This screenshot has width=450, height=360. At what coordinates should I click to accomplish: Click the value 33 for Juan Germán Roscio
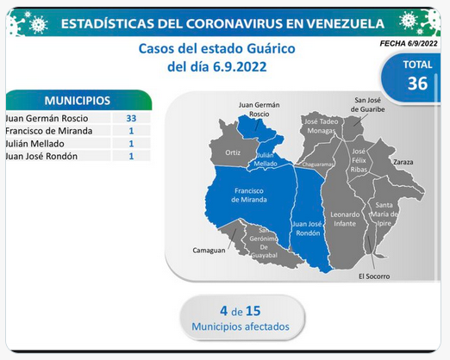click(x=131, y=118)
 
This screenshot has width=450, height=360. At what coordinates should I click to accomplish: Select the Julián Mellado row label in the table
click(x=34, y=144)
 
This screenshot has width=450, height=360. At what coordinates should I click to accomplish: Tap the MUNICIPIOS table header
click(x=78, y=101)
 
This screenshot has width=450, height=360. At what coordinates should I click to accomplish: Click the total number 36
click(x=417, y=84)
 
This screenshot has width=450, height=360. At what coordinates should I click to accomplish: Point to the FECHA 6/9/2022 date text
click(x=409, y=44)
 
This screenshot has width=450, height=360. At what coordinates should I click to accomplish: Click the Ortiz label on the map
click(x=233, y=152)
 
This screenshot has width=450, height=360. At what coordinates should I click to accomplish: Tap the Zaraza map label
click(x=403, y=162)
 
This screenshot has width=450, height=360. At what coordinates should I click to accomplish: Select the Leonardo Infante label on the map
click(x=345, y=219)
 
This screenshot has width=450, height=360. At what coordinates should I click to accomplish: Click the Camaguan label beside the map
click(x=209, y=251)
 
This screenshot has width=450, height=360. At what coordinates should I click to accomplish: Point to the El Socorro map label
click(x=374, y=276)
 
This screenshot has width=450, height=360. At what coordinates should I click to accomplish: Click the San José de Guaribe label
click(x=367, y=105)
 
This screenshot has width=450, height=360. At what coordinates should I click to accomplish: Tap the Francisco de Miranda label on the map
click(x=249, y=196)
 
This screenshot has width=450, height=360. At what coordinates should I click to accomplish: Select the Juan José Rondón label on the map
click(x=308, y=228)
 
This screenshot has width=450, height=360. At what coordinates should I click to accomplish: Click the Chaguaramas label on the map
click(x=317, y=164)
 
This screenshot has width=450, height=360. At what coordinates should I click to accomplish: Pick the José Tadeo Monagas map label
click(x=321, y=126)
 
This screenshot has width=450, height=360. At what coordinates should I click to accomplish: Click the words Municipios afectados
click(x=241, y=326)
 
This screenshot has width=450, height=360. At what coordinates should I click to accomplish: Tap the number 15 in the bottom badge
click(x=253, y=311)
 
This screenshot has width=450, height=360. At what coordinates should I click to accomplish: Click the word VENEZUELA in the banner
click(x=345, y=23)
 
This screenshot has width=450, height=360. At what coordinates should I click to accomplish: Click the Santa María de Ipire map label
click(x=384, y=214)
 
